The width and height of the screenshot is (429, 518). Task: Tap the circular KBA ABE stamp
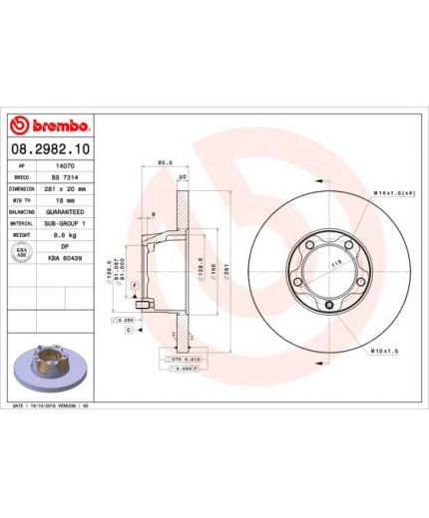coord(23,251)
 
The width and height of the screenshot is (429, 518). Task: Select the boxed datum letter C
coord(129,329)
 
